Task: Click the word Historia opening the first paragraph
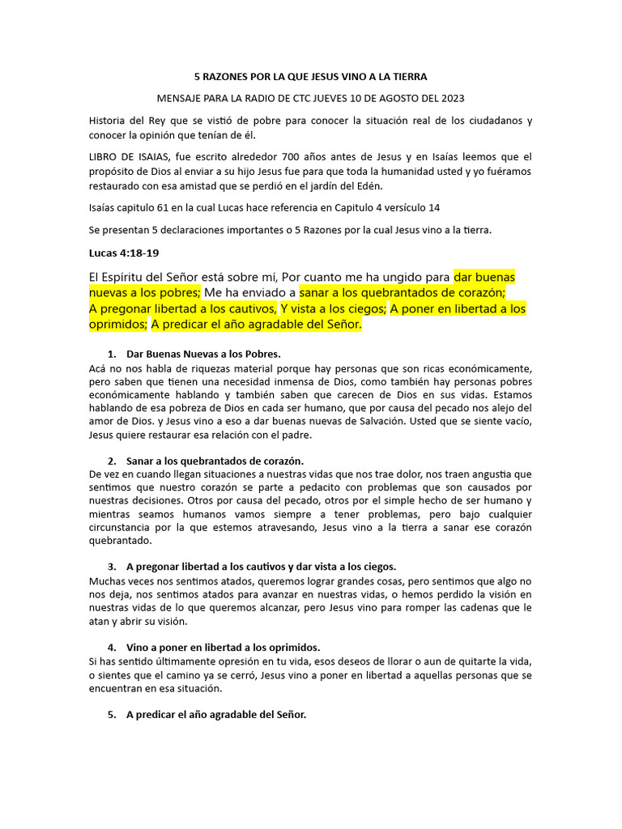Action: tap(109, 121)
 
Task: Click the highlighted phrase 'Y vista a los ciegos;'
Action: tap(332, 308)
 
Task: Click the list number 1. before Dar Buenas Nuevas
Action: tap(112, 355)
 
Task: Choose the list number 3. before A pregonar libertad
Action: tap(112, 566)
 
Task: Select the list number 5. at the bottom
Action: tap(112, 716)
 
